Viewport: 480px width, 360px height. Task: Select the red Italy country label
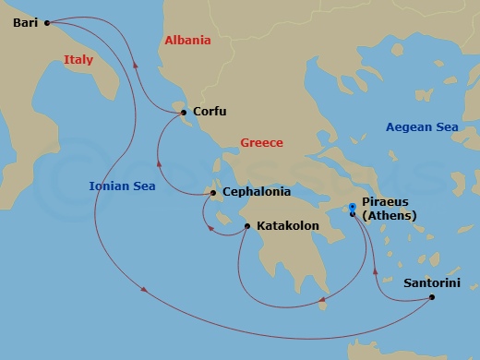tap(79, 60)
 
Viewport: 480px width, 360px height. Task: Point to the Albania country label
tap(187, 41)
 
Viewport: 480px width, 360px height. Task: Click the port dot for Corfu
tap(185, 113)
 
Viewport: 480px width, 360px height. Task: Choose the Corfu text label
tap(210, 112)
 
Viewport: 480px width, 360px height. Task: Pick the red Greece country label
tap(261, 143)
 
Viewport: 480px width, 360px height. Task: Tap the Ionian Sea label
tap(122, 186)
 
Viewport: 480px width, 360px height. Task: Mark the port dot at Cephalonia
tap(213, 193)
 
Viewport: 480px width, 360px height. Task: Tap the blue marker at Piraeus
tap(353, 208)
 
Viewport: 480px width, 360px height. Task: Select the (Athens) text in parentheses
tap(390, 216)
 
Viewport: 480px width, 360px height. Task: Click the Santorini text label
tap(432, 284)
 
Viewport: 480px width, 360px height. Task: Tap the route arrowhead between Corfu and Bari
tap(136, 66)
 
